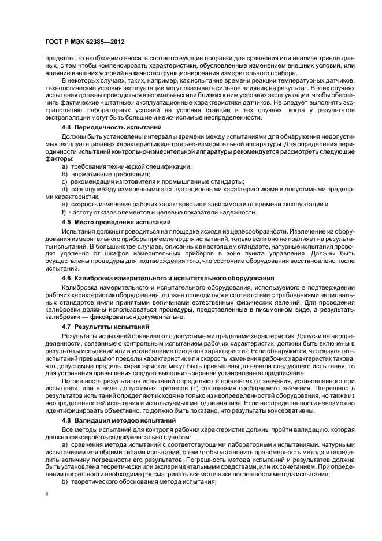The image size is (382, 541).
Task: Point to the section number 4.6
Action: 66,278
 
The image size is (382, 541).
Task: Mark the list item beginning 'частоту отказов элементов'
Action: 162,212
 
